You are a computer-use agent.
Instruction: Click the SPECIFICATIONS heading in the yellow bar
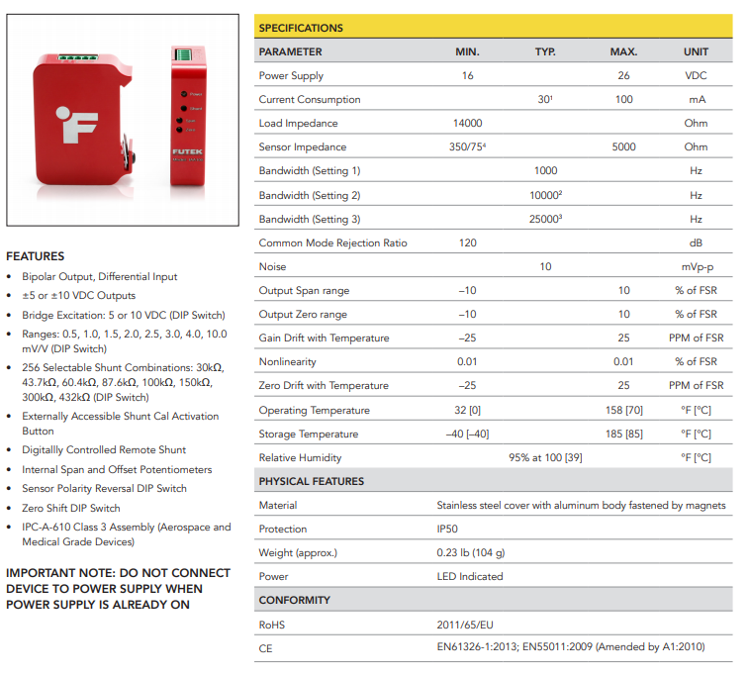(x=301, y=28)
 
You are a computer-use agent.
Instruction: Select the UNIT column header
(x=696, y=51)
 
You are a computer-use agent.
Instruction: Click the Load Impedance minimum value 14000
(x=467, y=123)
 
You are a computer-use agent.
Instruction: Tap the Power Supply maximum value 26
(x=623, y=75)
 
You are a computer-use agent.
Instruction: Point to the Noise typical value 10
(x=545, y=266)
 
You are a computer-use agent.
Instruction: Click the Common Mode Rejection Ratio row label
(x=332, y=242)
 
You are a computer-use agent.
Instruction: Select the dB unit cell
(x=696, y=242)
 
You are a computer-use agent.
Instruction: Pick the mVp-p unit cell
(x=696, y=266)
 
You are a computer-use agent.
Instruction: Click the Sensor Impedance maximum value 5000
(x=623, y=146)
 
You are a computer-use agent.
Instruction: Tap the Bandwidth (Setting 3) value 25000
(x=545, y=219)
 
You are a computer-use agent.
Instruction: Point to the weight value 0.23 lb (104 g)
(x=471, y=552)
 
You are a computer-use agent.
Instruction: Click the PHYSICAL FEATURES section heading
(x=311, y=481)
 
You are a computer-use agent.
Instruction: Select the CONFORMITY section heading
(x=295, y=600)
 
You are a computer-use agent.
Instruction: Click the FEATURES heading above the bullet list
(x=36, y=256)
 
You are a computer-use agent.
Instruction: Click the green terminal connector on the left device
(x=77, y=58)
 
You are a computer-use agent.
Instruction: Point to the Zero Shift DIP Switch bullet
(x=71, y=508)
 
